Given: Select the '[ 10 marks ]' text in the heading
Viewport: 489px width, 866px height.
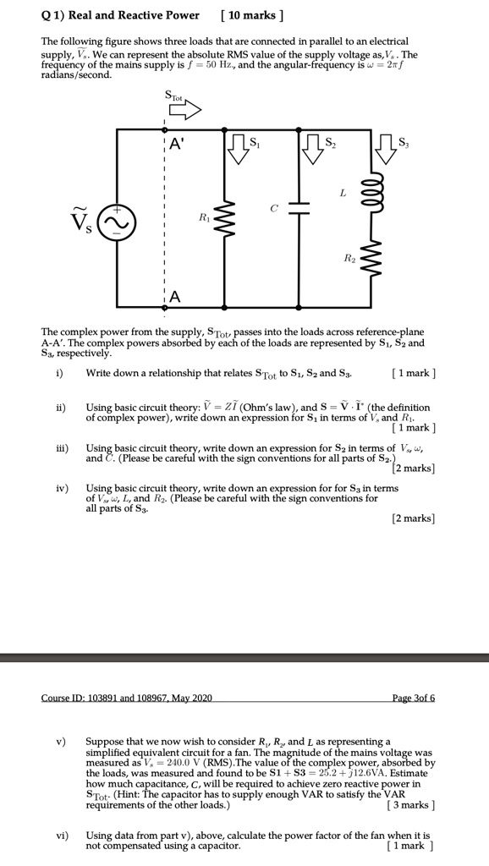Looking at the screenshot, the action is coord(251,15).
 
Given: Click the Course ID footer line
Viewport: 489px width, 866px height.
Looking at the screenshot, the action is coord(127,698).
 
